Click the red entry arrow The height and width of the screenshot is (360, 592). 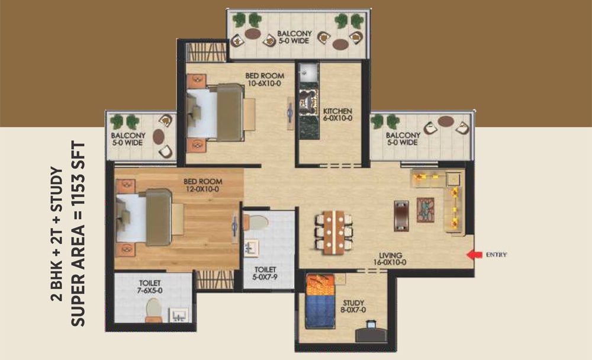tap(474, 255)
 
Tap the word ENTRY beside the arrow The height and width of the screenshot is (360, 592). tap(496, 255)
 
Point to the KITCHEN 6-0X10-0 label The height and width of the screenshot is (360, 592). tap(337, 115)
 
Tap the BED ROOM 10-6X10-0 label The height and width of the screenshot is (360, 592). tap(264, 79)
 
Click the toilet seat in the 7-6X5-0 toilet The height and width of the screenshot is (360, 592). tap(153, 308)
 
